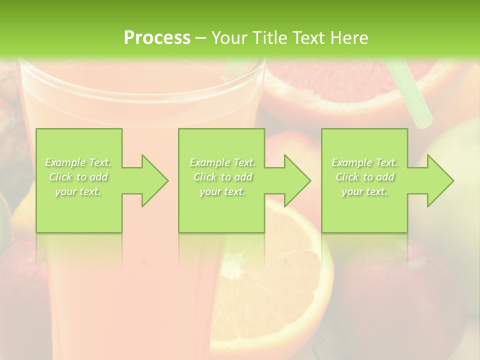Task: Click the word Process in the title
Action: pyautogui.click(x=157, y=38)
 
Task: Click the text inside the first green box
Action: pyautogui.click(x=78, y=177)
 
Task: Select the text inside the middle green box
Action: pyautogui.click(x=222, y=177)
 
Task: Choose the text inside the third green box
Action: pyautogui.click(x=364, y=177)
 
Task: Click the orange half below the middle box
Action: pyautogui.click(x=280, y=280)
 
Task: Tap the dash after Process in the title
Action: pyautogui.click(x=200, y=38)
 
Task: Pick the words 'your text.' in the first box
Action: pyautogui.click(x=78, y=191)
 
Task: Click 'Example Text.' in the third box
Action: pyautogui.click(x=364, y=162)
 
